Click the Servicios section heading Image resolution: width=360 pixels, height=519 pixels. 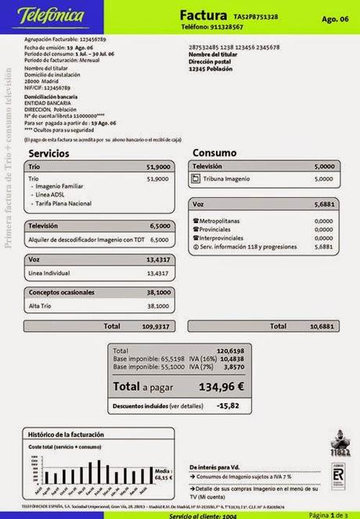(49, 153)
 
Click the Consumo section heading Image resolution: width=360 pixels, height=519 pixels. (211, 153)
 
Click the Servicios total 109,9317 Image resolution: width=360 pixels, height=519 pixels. (156, 326)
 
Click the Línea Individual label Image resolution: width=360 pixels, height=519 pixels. (50, 273)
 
